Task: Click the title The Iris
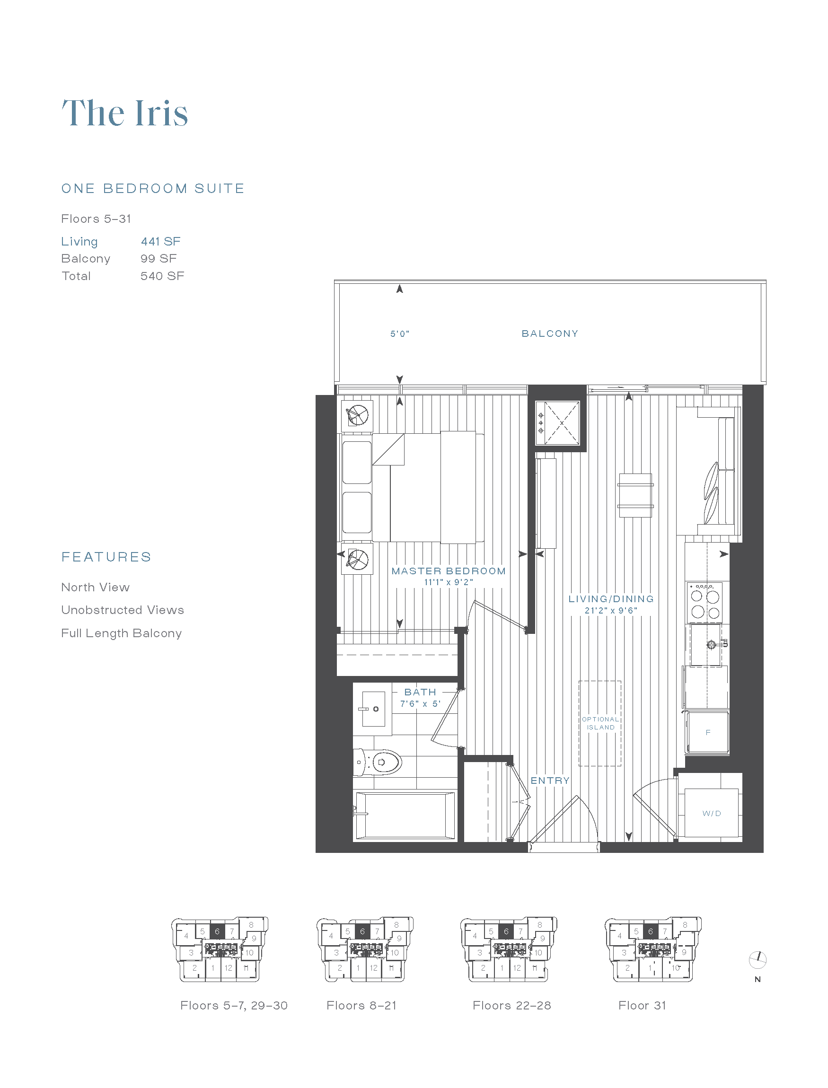tap(125, 114)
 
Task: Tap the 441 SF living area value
tap(161, 241)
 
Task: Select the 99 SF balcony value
tap(158, 259)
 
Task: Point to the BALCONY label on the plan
tap(549, 333)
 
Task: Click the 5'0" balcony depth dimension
tap(400, 334)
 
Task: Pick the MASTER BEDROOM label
tap(449, 571)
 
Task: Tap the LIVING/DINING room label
tap(611, 599)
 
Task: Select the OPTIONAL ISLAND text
tap(600, 723)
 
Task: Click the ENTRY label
tap(549, 781)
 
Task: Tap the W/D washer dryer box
tap(711, 813)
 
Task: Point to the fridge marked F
tap(708, 733)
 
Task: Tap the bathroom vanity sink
tap(373, 709)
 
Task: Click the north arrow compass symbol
tap(758, 959)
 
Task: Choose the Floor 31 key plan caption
tap(642, 1006)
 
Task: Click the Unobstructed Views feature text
tap(122, 610)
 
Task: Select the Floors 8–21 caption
tap(361, 1006)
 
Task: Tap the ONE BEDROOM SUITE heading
tap(153, 189)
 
